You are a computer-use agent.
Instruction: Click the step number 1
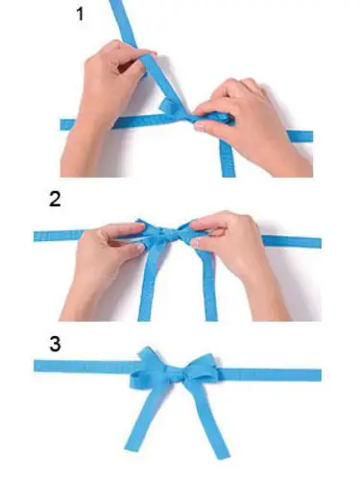click(x=80, y=14)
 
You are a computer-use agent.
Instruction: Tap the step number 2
click(x=55, y=199)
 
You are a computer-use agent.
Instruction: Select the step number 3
click(x=55, y=344)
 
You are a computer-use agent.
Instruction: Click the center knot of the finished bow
click(x=176, y=373)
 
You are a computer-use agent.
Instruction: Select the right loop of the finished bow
click(x=200, y=368)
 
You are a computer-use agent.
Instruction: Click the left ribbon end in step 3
click(x=36, y=366)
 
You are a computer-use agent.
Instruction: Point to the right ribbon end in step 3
click(x=320, y=374)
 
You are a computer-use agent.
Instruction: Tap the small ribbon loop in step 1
click(x=169, y=107)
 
